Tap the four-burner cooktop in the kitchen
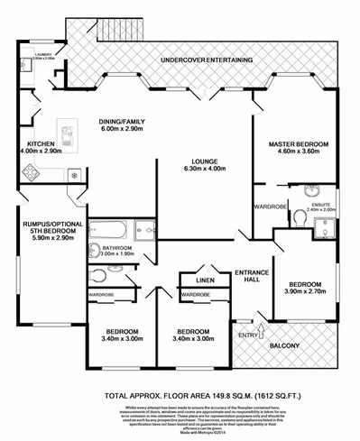pyautogui.click(x=25, y=174)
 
